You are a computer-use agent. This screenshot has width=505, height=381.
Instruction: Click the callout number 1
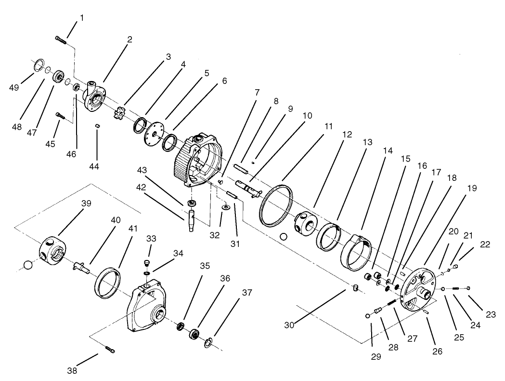point(81,18)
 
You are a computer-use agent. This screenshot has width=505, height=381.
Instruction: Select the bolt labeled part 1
point(61,40)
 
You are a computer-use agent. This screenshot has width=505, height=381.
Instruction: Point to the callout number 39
point(86,204)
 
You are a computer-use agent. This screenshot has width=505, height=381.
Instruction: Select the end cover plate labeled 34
point(145,309)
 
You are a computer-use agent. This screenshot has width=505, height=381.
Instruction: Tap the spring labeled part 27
point(390,302)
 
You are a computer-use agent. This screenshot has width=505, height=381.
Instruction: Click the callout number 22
point(484,245)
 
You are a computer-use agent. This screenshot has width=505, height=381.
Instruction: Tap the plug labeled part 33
point(147,263)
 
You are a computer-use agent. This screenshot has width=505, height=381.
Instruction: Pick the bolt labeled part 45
point(59,115)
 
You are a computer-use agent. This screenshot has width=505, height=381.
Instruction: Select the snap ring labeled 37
point(208,343)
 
